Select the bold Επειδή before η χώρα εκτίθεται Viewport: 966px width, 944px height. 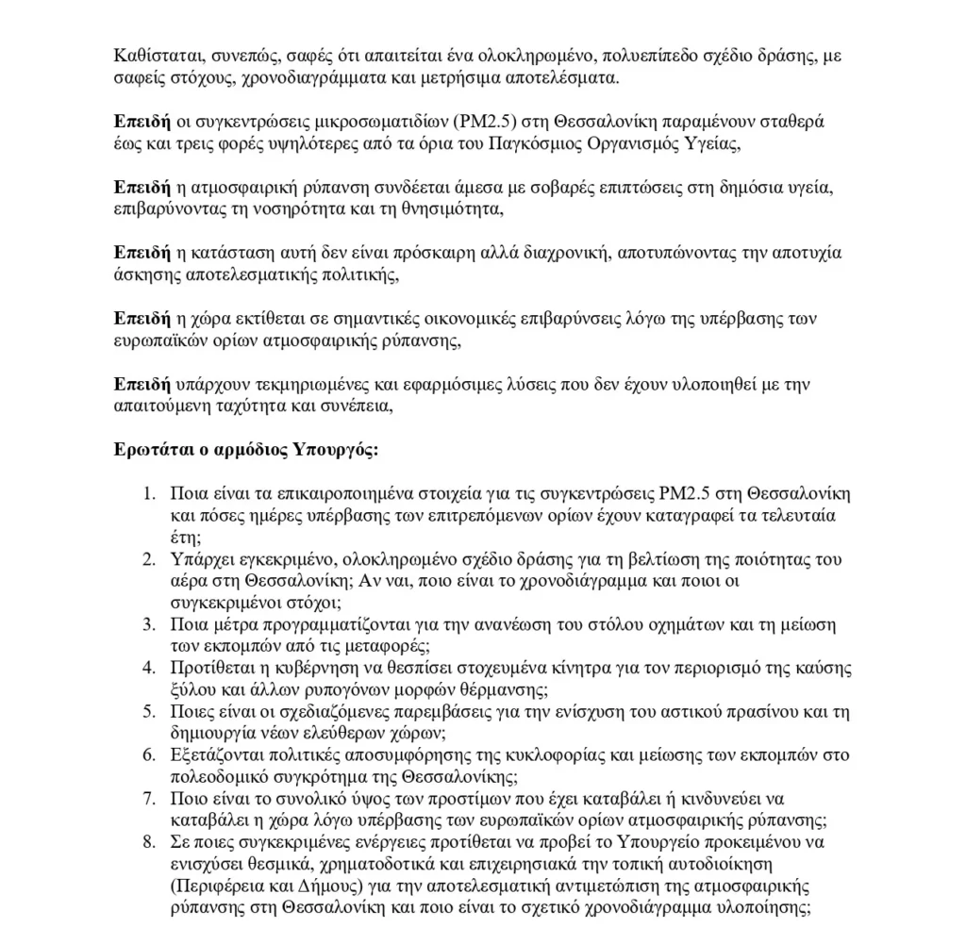(142, 319)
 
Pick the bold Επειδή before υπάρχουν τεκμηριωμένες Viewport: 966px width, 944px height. (142, 384)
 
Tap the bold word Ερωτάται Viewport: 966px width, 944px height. (151, 449)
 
